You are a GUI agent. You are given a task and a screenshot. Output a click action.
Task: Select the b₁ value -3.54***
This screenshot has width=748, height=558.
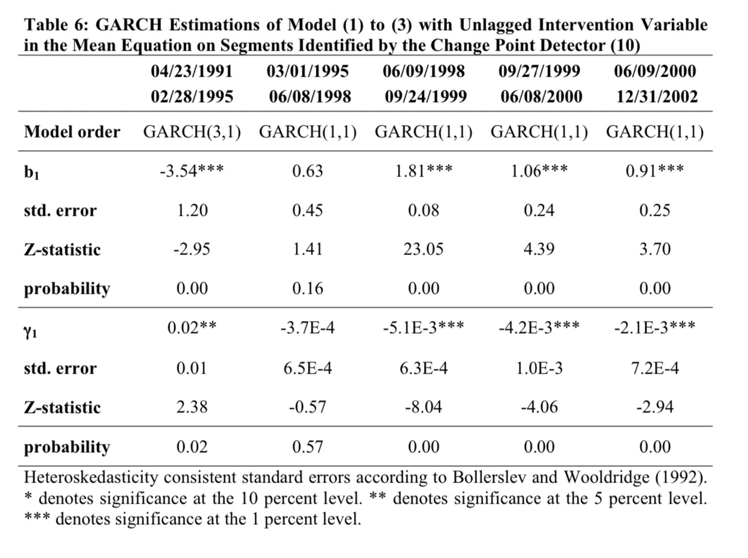tap(192, 170)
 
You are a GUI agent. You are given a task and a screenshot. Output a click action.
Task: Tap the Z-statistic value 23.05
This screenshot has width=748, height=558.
tap(424, 249)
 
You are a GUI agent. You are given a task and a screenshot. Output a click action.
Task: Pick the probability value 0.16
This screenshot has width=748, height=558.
tap(307, 289)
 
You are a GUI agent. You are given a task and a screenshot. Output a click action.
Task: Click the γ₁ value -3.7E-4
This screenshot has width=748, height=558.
tap(307, 328)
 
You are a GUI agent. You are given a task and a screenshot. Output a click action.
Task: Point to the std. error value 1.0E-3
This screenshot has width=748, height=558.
tap(539, 368)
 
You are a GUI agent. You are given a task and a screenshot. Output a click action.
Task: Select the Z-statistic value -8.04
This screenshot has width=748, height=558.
tap(424, 407)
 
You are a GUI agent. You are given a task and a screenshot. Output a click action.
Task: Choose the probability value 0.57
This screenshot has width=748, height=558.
tap(307, 446)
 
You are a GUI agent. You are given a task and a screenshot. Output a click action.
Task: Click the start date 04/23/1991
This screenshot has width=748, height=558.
tap(192, 71)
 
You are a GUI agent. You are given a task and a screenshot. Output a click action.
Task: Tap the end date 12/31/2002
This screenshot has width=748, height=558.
tap(657, 97)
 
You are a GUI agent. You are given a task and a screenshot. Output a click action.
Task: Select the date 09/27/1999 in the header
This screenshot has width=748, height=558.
tap(539, 71)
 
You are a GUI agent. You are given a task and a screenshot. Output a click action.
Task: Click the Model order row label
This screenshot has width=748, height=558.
tap(72, 132)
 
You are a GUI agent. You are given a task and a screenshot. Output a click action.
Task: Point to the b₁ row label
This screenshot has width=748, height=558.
tap(31, 172)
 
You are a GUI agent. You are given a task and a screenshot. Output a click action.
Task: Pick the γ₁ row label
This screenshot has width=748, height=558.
tap(31, 331)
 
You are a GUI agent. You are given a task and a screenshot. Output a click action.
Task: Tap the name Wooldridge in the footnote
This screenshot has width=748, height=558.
tap(606, 477)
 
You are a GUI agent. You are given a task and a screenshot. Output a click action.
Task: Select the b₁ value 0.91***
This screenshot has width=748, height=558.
tap(654, 170)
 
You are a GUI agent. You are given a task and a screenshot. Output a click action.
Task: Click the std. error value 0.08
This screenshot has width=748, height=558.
tap(424, 210)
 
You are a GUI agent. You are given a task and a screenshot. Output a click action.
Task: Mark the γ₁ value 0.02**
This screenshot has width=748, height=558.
tap(192, 328)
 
